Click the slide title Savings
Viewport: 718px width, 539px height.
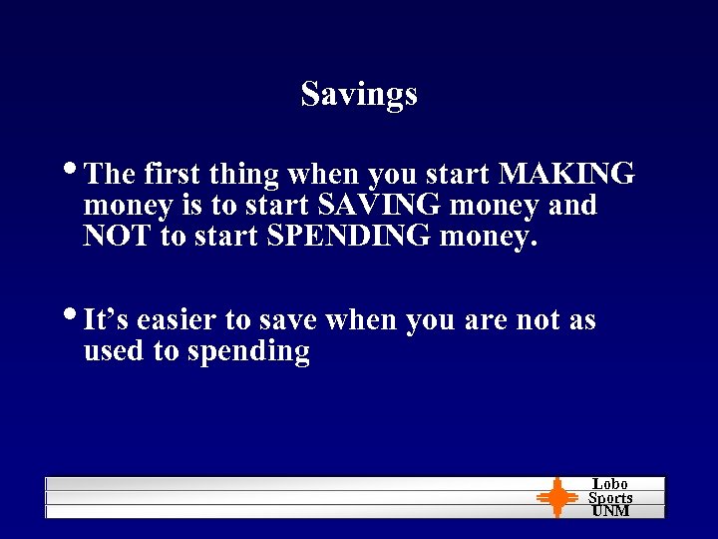(359, 94)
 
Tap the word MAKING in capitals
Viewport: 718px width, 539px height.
(566, 174)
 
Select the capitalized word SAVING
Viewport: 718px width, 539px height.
(381, 206)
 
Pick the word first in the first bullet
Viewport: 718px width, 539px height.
(173, 175)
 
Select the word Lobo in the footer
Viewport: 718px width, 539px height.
(610, 484)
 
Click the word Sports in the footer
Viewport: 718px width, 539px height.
(610, 497)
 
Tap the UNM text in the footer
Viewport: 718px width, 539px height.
(610, 510)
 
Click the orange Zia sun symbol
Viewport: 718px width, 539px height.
(556, 497)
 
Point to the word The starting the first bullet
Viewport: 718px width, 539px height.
(111, 175)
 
